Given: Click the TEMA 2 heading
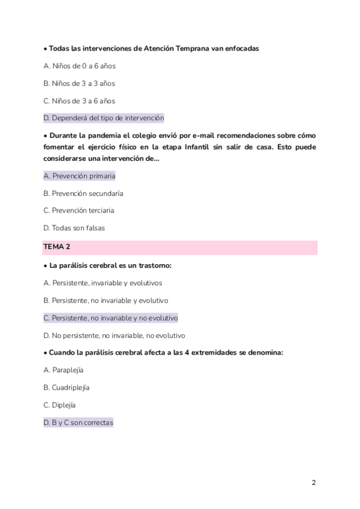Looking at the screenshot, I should coord(57,247).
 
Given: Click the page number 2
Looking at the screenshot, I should coord(314,483).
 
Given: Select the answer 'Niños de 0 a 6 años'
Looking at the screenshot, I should coord(79,65).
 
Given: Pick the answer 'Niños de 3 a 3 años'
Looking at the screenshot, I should coord(79,83).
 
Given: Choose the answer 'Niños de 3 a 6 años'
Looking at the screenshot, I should coord(79,100).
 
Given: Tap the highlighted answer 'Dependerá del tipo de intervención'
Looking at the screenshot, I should coord(104,118).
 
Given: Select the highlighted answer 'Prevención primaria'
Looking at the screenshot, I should coord(79,176).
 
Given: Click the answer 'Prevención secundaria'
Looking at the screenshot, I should coord(83,193).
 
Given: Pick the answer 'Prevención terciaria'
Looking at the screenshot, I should coord(79,211).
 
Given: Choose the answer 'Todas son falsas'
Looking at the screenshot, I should coord(74,228).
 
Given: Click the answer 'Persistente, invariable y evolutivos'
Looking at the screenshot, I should coord(103,282).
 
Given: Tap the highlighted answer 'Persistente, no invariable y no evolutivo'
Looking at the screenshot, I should coord(110,318).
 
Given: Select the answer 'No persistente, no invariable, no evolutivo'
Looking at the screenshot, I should coord(114,335).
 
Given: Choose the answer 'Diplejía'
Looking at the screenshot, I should coord(59,405).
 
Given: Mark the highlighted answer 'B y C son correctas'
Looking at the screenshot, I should coord(78,422).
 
